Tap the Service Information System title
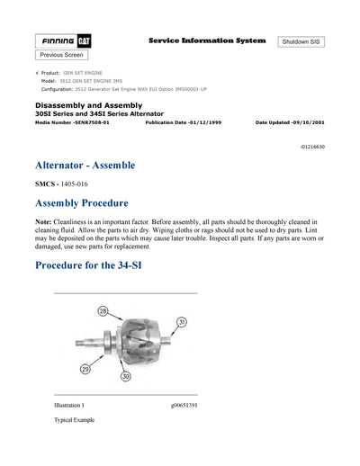pyautogui.click(x=207, y=40)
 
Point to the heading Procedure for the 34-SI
pyautogui.click(x=105, y=265)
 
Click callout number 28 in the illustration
pyautogui.click(x=103, y=311)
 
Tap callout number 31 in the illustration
pyautogui.click(x=181, y=322)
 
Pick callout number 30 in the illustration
pyautogui.click(x=126, y=376)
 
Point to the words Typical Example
pyautogui.click(x=74, y=420)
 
